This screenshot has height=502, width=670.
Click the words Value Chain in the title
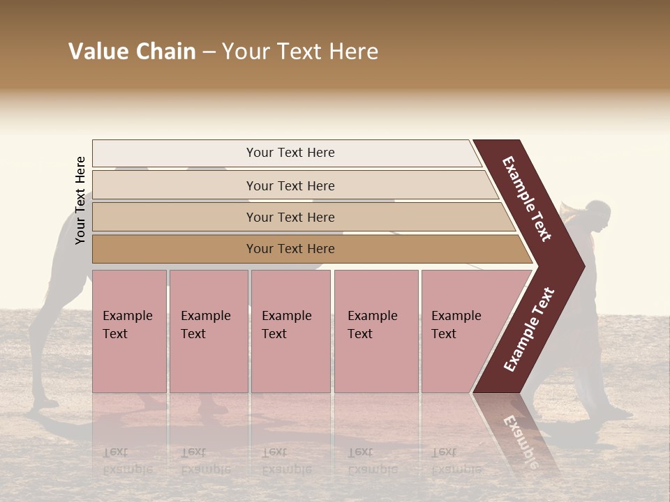132,52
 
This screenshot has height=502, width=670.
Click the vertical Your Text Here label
80,200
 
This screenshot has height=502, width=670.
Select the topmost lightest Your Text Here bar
290,153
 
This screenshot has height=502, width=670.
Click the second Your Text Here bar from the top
290,185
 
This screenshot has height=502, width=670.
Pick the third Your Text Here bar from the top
290,217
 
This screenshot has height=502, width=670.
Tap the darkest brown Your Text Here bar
290,249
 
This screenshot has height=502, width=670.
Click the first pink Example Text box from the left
129,331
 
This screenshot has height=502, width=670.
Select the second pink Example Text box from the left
208,331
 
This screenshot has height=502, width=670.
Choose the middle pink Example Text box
290,331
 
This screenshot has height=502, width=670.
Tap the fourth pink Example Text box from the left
375,331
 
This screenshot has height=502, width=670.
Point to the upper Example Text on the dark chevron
528,199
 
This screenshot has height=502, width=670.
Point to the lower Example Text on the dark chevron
529,330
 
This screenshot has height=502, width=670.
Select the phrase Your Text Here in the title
300,52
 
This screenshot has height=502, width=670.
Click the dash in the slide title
209,52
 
